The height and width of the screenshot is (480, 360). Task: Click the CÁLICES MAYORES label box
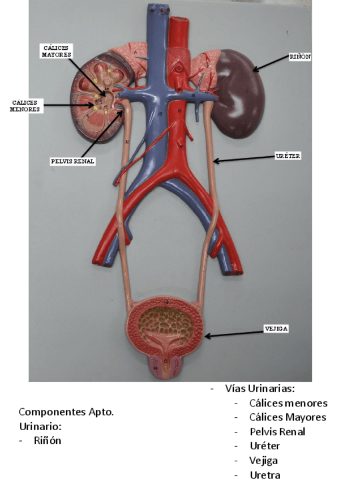[x=57, y=51]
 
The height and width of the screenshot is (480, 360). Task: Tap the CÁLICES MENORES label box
[x=25, y=106]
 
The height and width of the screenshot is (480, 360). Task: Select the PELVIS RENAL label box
[x=72, y=161]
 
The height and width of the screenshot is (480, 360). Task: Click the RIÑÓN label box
[x=300, y=57]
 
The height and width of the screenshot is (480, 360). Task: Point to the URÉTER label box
[x=288, y=156]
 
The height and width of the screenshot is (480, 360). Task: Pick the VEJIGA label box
[x=276, y=328]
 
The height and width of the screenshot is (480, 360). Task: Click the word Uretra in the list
[x=264, y=475]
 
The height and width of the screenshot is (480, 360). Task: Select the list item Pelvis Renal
[x=277, y=431]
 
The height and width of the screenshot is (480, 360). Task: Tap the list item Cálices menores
[x=288, y=403]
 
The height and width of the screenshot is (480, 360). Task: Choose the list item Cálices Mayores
[x=288, y=417]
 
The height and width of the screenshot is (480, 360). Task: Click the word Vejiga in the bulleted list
[x=263, y=461]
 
